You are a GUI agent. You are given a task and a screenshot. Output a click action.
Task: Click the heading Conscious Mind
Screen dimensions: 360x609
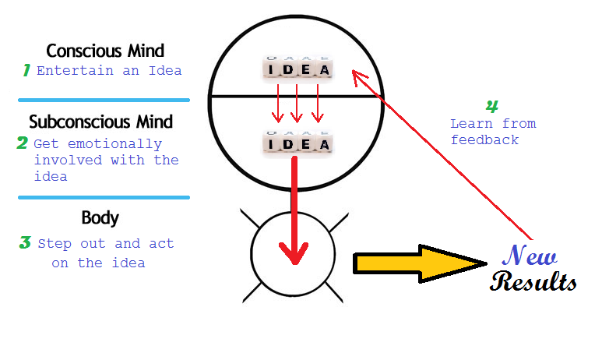105,51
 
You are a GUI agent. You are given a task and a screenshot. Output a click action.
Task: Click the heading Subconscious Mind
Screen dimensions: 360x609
101,122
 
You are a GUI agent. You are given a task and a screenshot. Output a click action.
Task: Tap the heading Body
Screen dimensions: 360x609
100,217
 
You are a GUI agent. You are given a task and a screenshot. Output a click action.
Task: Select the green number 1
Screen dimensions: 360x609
26,70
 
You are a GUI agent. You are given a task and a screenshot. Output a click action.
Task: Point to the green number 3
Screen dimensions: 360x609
25,242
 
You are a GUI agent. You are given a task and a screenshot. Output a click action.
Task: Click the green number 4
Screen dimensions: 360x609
491,107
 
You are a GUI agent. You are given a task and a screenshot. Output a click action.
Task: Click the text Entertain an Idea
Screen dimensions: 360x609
109,71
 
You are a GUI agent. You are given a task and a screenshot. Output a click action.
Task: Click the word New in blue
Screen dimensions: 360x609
530,256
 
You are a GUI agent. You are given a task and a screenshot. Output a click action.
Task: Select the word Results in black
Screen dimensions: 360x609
534,281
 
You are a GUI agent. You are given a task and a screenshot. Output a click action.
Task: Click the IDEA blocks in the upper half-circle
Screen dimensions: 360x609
297,69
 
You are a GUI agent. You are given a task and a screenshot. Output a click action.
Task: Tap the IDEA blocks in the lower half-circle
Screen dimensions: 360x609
297,143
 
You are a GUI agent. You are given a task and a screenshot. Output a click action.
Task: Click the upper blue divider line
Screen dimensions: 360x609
104,100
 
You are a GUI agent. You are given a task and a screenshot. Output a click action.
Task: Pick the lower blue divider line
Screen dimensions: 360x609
104,197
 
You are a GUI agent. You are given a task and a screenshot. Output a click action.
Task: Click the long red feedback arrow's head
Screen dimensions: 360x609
356,75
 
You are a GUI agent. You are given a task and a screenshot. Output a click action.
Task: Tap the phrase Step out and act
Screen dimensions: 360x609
106,244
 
